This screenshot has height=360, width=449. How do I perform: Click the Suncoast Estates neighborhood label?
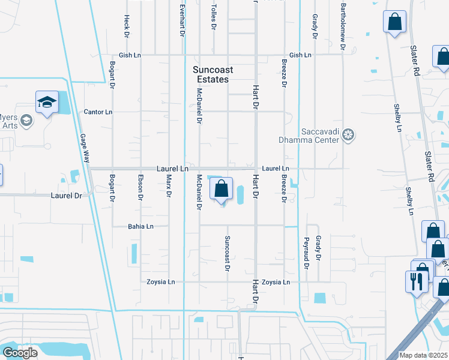(213, 74)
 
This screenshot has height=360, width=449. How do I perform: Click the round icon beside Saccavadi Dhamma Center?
(349, 135)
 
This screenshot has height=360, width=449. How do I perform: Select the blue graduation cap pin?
(46, 103)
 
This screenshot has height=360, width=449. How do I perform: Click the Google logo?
(20, 352)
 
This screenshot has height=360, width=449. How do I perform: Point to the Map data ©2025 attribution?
(424, 355)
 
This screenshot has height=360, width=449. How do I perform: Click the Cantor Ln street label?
(98, 112)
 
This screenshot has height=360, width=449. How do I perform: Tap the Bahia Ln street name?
(140, 226)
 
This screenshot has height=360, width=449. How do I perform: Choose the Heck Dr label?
(127, 26)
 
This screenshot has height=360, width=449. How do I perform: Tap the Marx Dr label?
(169, 187)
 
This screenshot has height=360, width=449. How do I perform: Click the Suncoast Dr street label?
(227, 254)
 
